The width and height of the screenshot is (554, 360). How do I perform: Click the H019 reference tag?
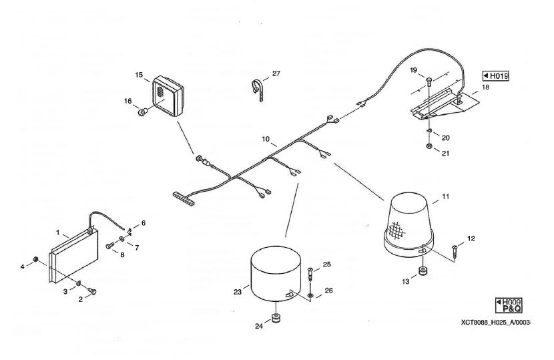[x=496, y=76]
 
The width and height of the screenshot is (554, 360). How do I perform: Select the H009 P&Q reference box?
[x=508, y=305]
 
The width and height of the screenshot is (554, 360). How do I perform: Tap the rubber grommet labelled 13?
[x=422, y=271]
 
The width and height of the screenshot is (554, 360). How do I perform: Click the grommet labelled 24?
[x=275, y=317]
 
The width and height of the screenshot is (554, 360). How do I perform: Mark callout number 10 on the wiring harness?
[x=266, y=140]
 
